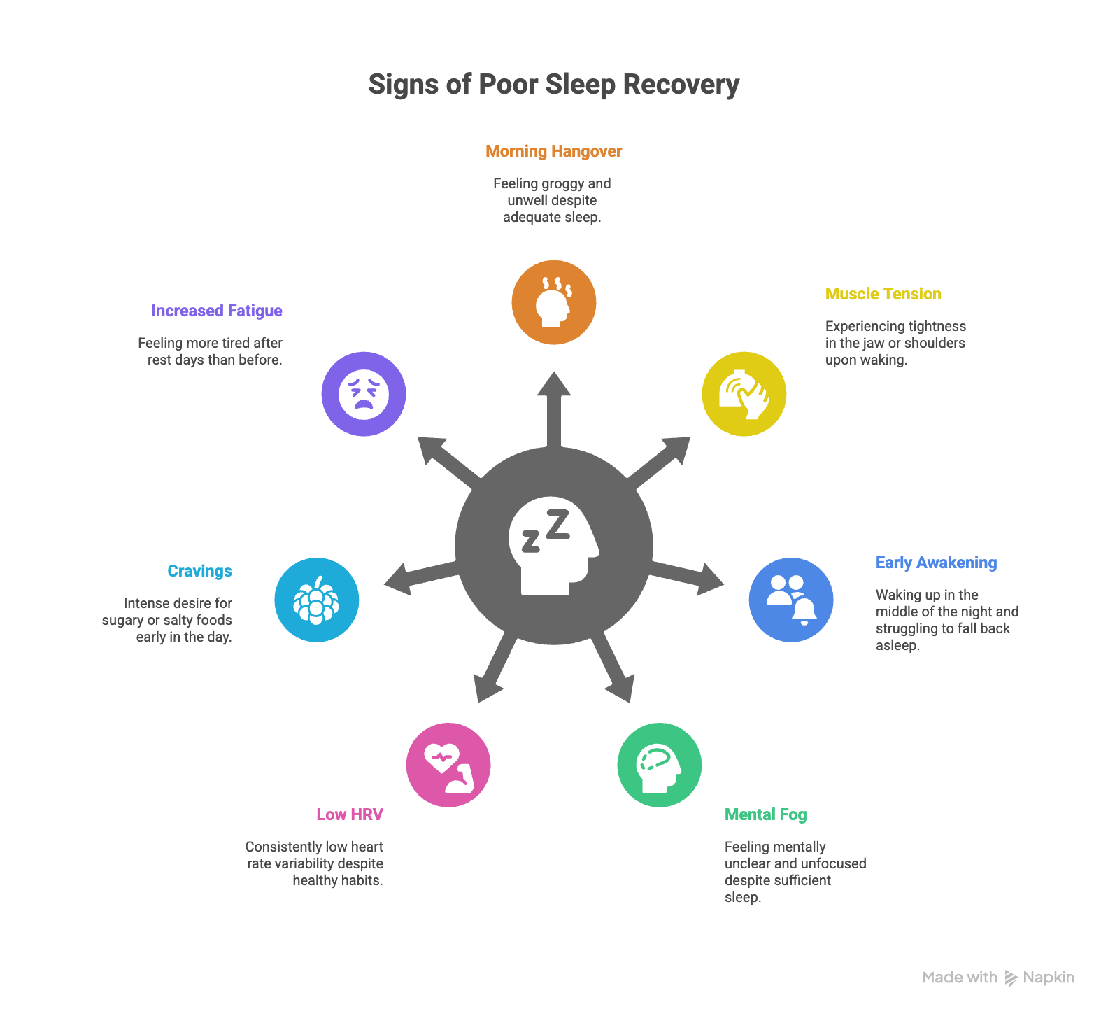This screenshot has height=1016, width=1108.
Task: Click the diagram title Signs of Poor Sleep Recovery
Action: (553, 85)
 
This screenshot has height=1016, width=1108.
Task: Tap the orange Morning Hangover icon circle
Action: (553, 302)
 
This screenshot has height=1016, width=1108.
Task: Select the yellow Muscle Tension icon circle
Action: (744, 394)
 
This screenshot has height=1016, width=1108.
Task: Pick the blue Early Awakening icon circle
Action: (790, 600)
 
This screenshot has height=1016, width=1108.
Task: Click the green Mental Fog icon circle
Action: (659, 765)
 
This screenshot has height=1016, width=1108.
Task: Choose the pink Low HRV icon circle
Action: (448, 765)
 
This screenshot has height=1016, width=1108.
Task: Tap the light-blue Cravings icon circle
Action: (317, 600)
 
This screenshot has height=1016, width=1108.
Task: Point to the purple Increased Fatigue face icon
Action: (364, 394)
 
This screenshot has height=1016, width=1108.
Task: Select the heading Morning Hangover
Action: (553, 151)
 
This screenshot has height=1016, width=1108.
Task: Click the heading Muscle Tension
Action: (883, 294)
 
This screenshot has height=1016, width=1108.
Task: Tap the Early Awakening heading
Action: (936, 563)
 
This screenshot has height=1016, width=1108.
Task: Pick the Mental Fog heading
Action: (765, 814)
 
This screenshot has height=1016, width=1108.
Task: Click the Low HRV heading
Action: (350, 814)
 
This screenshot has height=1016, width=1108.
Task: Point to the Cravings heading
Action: (199, 571)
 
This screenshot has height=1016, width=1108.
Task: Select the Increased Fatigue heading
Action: (217, 311)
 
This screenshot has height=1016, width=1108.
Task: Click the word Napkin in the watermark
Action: (1048, 978)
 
